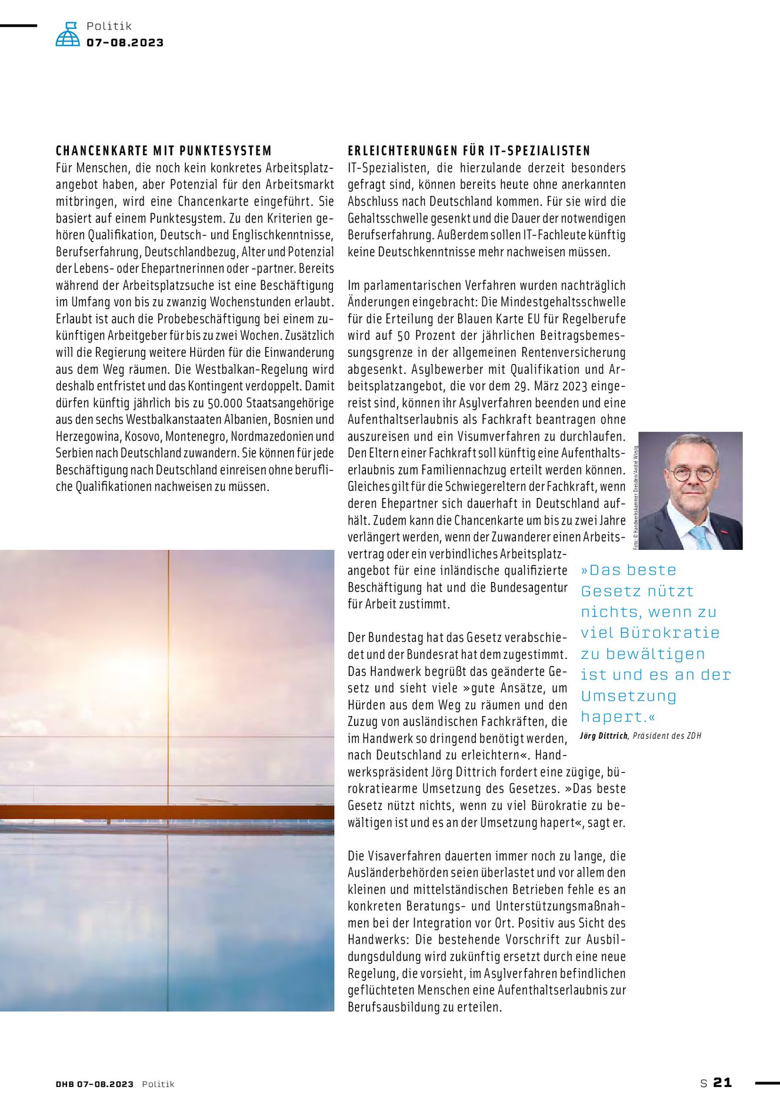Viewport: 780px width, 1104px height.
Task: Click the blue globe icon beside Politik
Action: click(x=68, y=35)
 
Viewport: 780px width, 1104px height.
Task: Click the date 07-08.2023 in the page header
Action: click(x=125, y=42)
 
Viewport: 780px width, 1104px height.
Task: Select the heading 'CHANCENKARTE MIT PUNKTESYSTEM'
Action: click(x=164, y=151)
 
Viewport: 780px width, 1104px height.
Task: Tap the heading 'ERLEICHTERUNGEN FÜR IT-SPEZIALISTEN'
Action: click(x=469, y=151)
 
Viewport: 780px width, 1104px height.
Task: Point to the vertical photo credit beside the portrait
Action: click(x=635, y=498)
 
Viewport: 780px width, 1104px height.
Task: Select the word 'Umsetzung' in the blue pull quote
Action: click(x=628, y=696)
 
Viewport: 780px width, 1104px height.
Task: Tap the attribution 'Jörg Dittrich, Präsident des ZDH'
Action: click(x=641, y=736)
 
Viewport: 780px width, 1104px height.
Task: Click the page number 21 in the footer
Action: click(x=722, y=1082)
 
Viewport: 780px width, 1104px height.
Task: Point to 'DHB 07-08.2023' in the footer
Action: click(x=95, y=1084)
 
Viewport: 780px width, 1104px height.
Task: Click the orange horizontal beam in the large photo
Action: click(x=167, y=813)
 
